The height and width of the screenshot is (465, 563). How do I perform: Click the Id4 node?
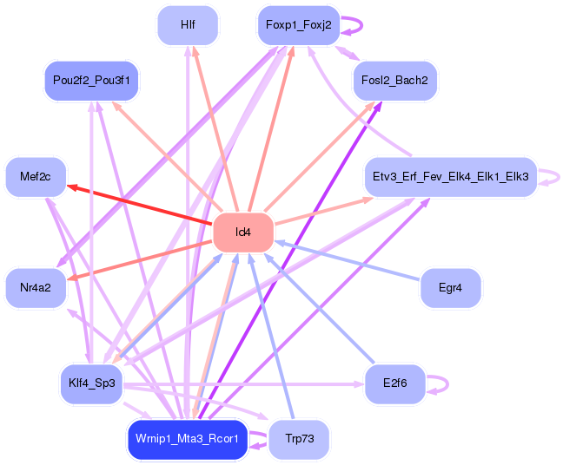click(x=243, y=232)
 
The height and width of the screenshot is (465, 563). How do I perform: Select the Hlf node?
click(x=188, y=25)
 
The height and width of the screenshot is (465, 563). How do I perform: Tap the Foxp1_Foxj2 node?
click(x=298, y=25)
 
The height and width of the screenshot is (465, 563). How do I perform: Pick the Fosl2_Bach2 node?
click(x=395, y=81)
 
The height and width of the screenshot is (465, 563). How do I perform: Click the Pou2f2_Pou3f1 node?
click(x=90, y=81)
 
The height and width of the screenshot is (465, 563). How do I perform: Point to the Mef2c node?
click(x=36, y=177)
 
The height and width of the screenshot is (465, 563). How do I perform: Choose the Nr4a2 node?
click(x=36, y=287)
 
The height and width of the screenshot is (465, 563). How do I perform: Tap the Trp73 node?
click(x=298, y=439)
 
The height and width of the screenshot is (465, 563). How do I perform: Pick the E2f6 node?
click(x=395, y=383)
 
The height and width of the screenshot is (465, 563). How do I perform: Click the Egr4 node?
click(x=450, y=287)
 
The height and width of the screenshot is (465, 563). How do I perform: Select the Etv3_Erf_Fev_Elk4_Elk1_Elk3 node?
click(x=450, y=177)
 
